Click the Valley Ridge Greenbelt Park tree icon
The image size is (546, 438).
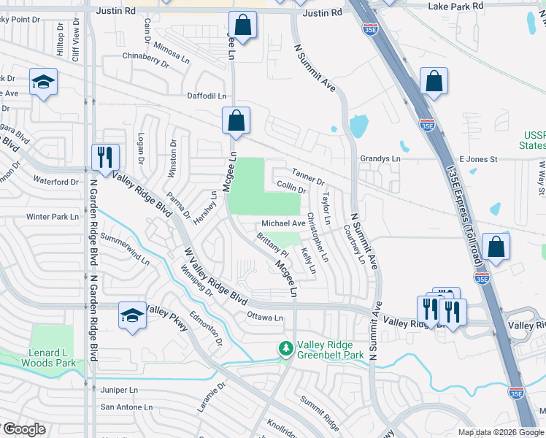pyautogui.click(x=285, y=350)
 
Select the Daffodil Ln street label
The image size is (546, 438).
pyautogui.click(x=207, y=96)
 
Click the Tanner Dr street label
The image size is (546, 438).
pyautogui.click(x=307, y=176)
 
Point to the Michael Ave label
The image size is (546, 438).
pyautogui.click(x=283, y=223)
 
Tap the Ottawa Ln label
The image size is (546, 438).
pyautogui.click(x=264, y=318)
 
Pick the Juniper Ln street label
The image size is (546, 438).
pyautogui.click(x=120, y=391)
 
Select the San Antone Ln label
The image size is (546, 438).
pyautogui.click(x=126, y=407)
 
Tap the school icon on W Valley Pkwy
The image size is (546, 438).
pyautogui.click(x=131, y=316)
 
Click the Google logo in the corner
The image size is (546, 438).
pyautogui.click(x=23, y=429)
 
